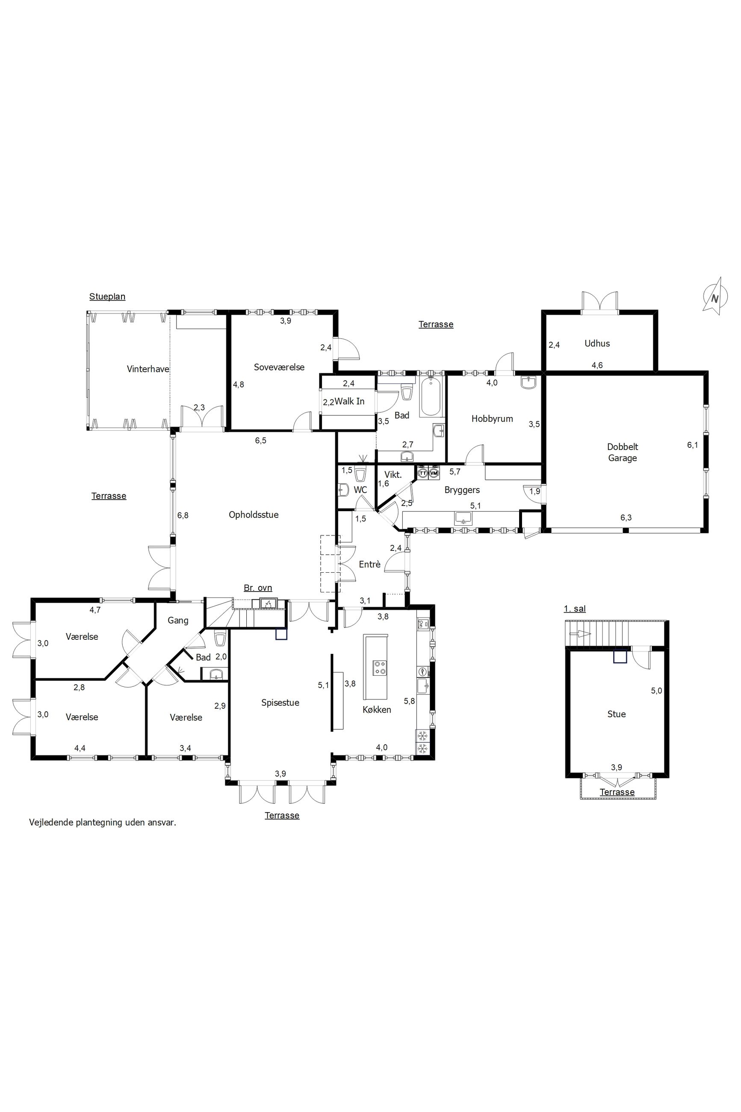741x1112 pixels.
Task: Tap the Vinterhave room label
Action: tap(148, 369)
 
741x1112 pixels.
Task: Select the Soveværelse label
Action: tap(279, 367)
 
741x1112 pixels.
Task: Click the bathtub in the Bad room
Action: tap(431, 396)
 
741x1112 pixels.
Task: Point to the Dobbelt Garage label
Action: tap(623, 452)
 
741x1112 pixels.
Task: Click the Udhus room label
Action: tap(597, 343)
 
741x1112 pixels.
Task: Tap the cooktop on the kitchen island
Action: tap(379, 668)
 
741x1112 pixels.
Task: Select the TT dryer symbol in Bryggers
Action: tap(423, 473)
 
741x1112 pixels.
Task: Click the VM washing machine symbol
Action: tap(434, 473)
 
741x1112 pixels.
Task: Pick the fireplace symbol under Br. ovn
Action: tap(268, 603)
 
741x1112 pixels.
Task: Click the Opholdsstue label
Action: tap(254, 515)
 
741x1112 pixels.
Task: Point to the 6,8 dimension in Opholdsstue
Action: tap(183, 516)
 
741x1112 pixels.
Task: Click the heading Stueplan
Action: tap(107, 297)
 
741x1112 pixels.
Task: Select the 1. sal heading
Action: tap(575, 609)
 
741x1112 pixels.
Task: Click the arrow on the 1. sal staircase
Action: tap(580, 634)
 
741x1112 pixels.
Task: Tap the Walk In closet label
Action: tap(350, 401)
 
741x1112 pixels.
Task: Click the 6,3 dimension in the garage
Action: tap(626, 518)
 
